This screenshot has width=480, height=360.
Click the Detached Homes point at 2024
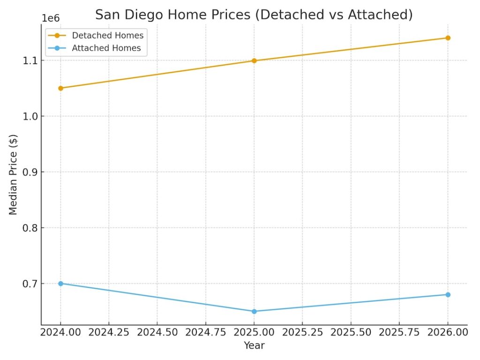point(60,88)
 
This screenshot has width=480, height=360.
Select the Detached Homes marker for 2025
point(254,60)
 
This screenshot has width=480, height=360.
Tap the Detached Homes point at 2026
point(448,38)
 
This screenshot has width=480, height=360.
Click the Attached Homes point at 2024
point(60,284)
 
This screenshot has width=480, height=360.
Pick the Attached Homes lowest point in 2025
point(254,311)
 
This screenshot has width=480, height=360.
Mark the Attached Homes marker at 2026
point(448,294)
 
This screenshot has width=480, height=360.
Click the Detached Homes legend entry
point(107,36)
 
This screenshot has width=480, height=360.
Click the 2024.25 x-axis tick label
point(109,332)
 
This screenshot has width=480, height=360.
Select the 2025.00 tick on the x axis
point(254,332)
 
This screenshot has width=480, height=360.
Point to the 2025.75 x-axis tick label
point(399,332)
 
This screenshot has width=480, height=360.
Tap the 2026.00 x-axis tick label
point(448,332)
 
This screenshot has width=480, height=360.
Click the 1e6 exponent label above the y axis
point(51,19)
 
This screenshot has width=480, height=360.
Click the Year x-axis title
point(254,346)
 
